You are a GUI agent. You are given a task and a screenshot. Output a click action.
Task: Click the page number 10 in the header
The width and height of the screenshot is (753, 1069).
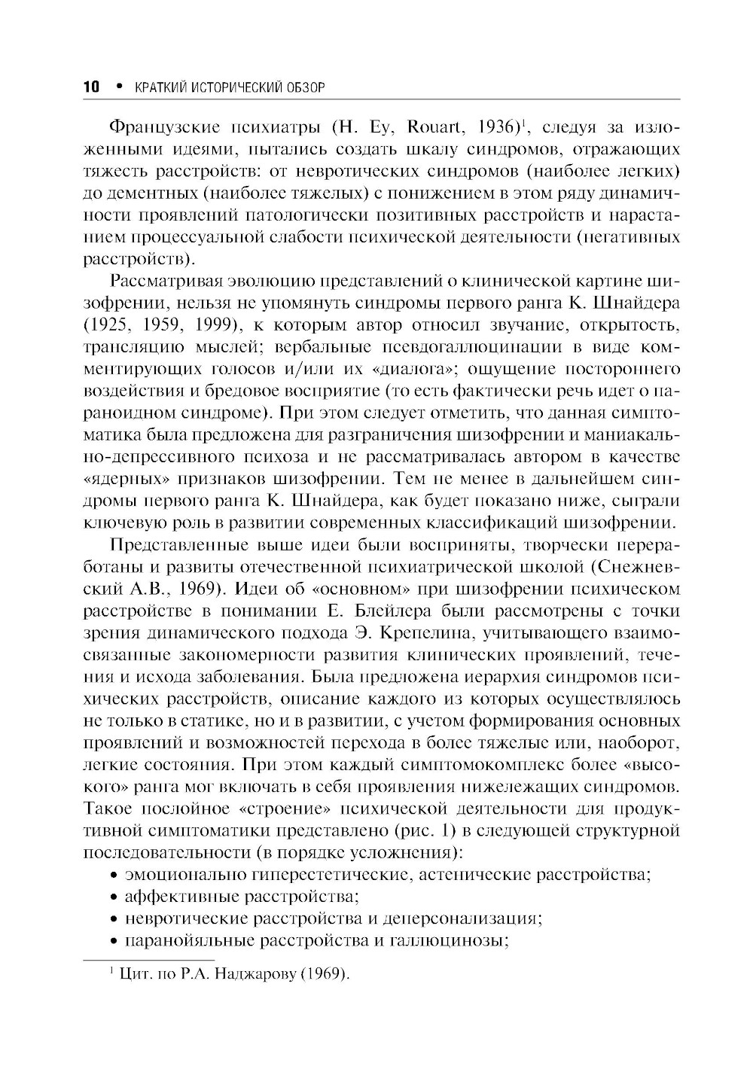pos(90,87)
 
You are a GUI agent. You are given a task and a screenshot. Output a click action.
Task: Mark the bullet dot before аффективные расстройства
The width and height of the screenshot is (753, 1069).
pos(113,897)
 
